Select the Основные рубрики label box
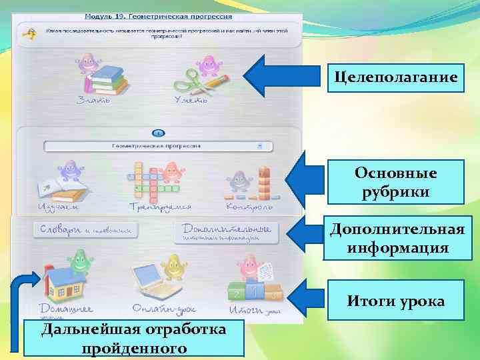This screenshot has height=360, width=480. [396, 182]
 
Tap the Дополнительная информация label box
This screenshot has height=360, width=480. [396, 239]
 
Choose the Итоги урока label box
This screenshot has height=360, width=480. [396, 302]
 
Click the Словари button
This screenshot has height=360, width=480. [85, 230]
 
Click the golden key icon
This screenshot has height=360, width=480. [29, 33]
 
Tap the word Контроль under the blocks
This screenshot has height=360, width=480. [249, 207]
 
